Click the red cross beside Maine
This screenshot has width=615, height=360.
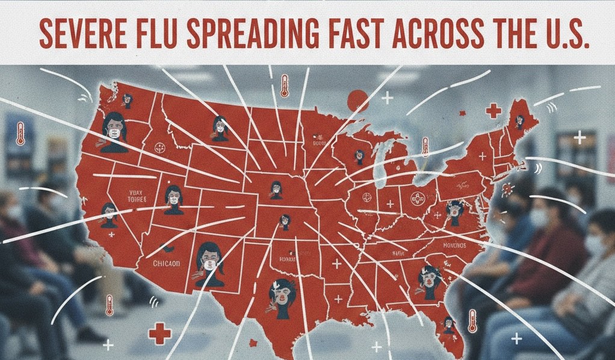pyautogui.click(x=493, y=111)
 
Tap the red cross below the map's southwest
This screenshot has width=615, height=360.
pyautogui.click(x=160, y=332)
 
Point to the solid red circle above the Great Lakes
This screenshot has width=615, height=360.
pyautogui.click(x=357, y=100)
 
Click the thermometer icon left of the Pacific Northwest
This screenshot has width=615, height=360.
pyautogui.click(x=20, y=133)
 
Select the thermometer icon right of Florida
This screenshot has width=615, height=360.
pyautogui.click(x=472, y=321)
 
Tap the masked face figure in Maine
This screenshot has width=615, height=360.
pyautogui.click(x=518, y=120)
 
